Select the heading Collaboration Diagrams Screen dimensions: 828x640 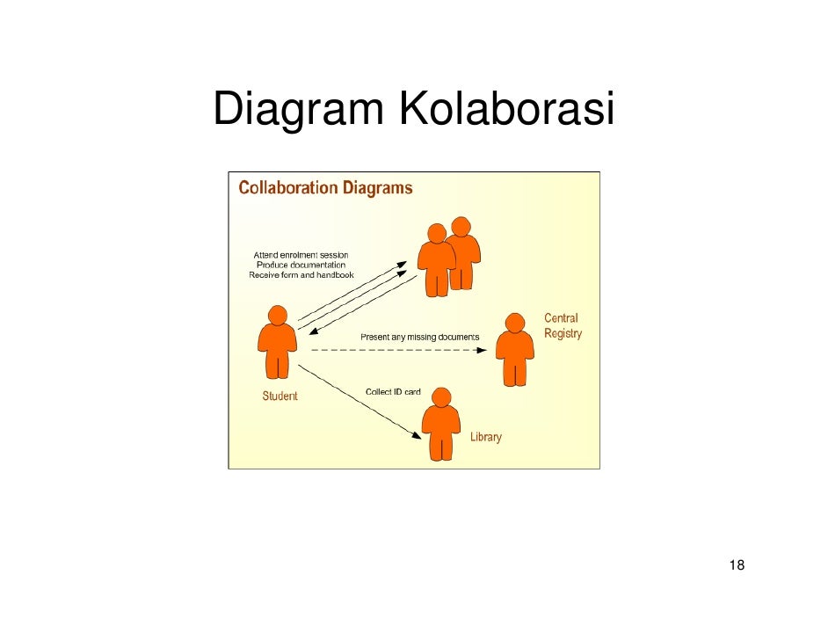click(326, 187)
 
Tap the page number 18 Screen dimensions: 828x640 click(737, 564)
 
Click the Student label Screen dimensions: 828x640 click(280, 396)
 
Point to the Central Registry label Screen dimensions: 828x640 click(563, 326)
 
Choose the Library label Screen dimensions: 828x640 click(485, 437)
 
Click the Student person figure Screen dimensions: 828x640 click(277, 347)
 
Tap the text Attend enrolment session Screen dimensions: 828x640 click(301, 255)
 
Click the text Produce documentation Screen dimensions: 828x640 click(301, 265)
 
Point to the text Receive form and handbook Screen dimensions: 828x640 click(301, 275)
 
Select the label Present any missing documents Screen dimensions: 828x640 click(420, 337)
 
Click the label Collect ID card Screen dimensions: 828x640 click(393, 391)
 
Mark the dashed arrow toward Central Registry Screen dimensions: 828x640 click(396, 350)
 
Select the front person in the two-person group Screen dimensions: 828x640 click(436, 259)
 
